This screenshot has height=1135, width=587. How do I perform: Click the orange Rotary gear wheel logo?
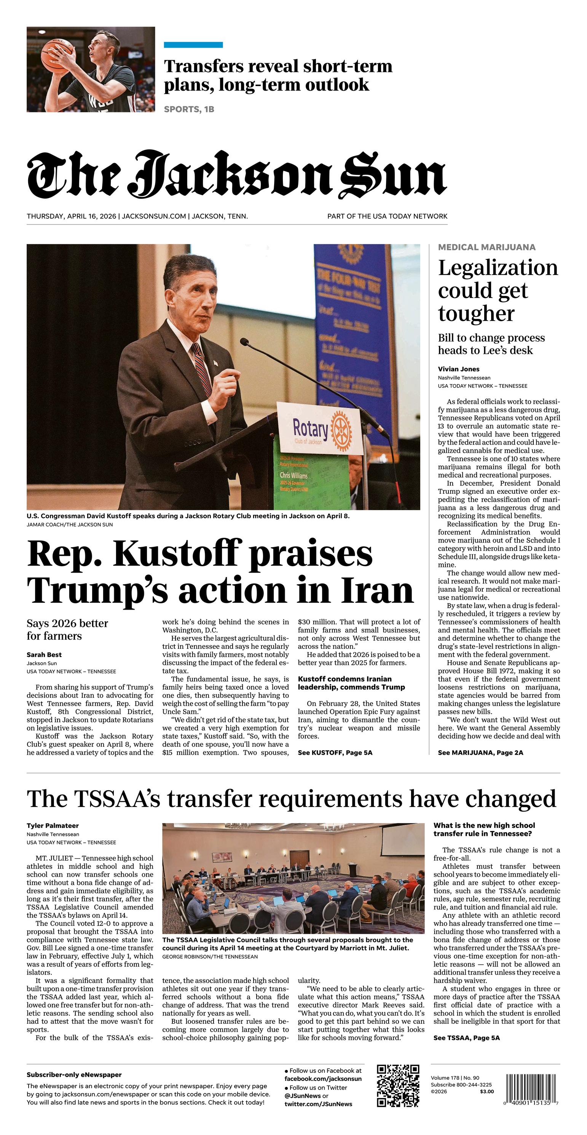click(341, 428)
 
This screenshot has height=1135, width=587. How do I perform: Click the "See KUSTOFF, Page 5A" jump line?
click(335, 752)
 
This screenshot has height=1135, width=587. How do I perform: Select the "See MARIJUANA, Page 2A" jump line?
click(480, 752)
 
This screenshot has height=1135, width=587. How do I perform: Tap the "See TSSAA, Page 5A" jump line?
click(466, 1037)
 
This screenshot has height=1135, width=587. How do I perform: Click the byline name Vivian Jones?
click(458, 369)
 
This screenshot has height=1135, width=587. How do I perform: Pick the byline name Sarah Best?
click(44, 655)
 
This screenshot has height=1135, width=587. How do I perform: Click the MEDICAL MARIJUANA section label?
click(487, 247)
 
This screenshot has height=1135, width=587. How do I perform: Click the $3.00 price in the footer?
click(487, 1092)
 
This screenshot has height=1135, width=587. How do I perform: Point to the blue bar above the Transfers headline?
click(193, 45)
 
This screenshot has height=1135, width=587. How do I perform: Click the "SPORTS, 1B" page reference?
click(189, 109)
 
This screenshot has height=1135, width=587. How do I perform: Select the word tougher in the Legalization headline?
click(476, 314)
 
